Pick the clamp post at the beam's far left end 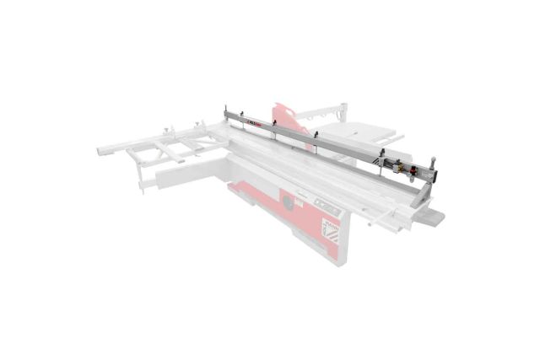[227, 108]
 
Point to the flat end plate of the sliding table [434, 221]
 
